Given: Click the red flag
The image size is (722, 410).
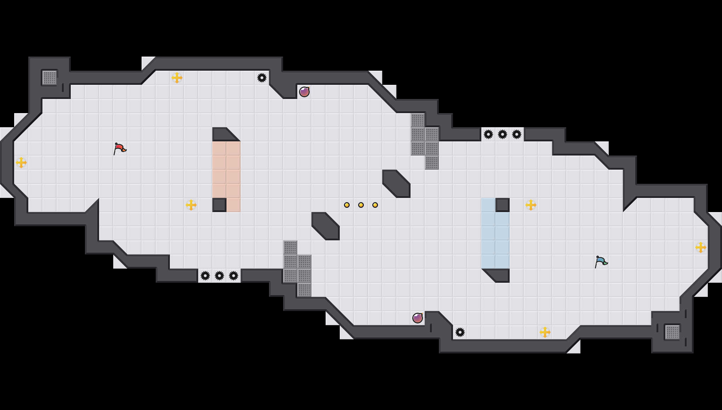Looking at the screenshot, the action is [120, 148].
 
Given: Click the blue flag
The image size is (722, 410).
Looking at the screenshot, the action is [601, 262].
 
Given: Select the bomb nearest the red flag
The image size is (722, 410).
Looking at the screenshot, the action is [304, 92].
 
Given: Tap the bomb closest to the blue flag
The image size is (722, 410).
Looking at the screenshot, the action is [418, 318].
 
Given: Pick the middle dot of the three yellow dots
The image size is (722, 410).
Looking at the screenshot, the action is [361, 205].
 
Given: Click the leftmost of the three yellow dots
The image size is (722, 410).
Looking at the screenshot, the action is [347, 205].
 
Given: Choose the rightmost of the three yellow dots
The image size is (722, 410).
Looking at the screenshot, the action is [375, 205].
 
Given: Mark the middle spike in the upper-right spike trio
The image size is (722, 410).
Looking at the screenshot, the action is [503, 134].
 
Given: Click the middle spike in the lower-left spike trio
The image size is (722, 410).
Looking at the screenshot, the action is [219, 276].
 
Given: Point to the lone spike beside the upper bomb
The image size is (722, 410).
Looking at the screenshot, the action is [262, 78].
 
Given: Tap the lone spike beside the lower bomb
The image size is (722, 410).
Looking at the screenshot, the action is [460, 332].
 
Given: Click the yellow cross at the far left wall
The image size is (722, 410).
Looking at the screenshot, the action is [21, 163].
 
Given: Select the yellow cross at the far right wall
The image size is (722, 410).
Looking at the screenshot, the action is [701, 247].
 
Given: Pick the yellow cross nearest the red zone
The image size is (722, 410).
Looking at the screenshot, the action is [191, 205].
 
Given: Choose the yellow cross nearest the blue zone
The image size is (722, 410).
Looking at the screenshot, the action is [531, 205].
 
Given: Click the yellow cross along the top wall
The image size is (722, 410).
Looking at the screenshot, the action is [177, 78].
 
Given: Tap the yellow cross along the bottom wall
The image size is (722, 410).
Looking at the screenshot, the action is [545, 332].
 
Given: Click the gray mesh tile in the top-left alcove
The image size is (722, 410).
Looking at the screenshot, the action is [50, 78].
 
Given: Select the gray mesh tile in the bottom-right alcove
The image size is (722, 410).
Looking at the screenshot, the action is [672, 332].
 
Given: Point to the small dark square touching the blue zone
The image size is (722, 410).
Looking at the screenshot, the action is [503, 205].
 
